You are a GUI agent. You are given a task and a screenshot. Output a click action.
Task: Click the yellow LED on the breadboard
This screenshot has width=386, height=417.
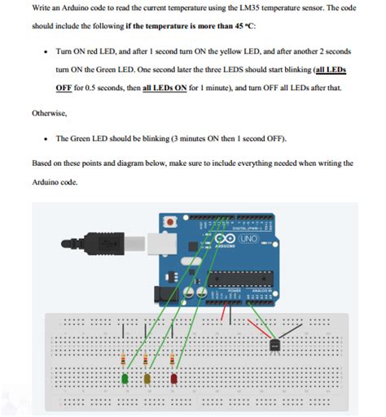[x=148, y=378]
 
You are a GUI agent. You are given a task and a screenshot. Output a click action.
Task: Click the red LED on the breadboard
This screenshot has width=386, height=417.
[x=173, y=377]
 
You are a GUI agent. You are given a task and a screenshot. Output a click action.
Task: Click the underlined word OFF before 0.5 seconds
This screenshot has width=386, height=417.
[x=64, y=87]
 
